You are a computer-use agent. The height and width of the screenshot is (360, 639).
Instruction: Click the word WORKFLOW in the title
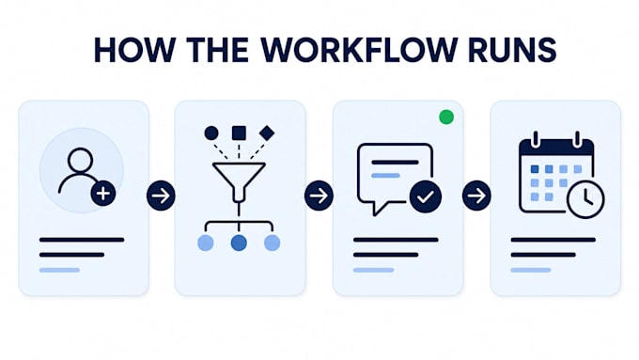(359, 50)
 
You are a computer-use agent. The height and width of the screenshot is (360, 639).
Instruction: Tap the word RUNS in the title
(512, 50)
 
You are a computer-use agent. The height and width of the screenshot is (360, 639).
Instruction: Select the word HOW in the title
(134, 50)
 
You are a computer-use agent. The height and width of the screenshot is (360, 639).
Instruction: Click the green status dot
(446, 117)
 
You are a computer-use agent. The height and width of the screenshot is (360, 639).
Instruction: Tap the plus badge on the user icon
(103, 194)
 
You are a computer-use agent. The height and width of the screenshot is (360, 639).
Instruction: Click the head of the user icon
(80, 160)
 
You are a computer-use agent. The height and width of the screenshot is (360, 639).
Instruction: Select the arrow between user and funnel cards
(161, 196)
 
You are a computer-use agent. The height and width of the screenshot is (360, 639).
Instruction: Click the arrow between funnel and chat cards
(319, 196)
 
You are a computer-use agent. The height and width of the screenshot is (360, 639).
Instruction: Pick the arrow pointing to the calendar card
(476, 196)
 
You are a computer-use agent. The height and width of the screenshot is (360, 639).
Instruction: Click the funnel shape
(239, 180)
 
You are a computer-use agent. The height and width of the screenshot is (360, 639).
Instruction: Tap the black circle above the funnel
(211, 133)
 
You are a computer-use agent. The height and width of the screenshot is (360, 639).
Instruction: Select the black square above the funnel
(239, 133)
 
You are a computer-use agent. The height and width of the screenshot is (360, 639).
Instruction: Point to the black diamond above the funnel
(267, 133)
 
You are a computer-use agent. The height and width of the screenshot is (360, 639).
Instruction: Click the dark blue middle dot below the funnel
(239, 243)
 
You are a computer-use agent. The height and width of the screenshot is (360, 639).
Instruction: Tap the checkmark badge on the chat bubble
(426, 197)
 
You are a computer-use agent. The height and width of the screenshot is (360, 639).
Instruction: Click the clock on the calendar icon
(585, 199)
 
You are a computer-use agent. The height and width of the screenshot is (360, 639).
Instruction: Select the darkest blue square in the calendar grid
(535, 169)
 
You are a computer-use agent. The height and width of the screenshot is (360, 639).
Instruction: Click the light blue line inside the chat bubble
(385, 176)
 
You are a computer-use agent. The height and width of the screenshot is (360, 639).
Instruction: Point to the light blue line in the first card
(59, 270)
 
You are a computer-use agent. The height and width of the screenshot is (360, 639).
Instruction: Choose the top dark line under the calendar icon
(553, 240)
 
